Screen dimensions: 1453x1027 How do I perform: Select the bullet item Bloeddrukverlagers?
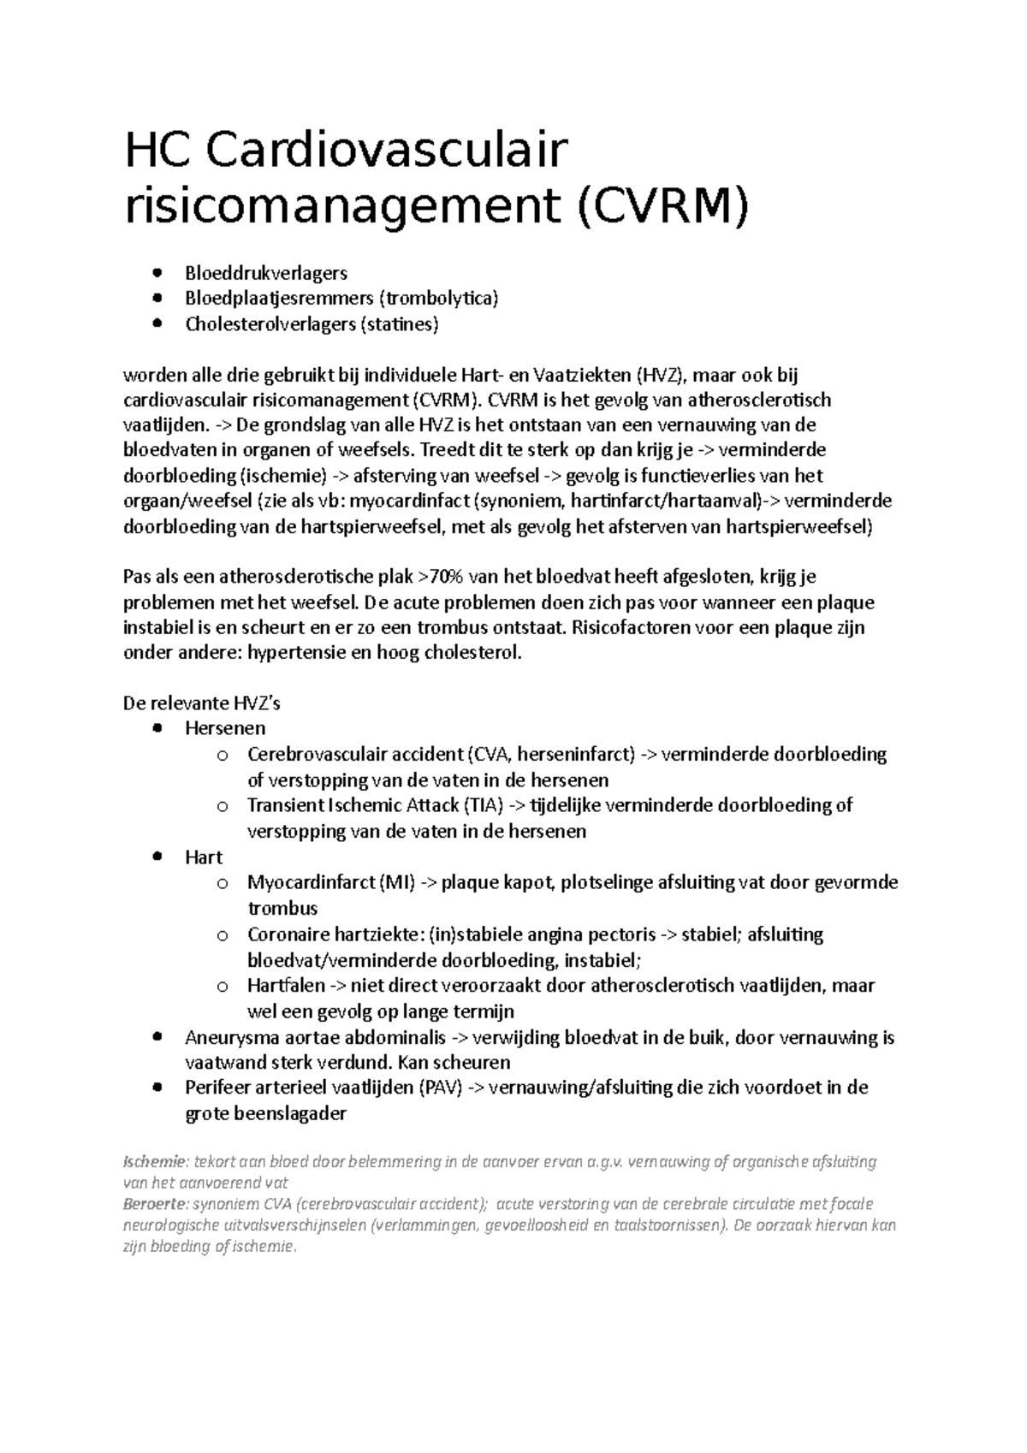tap(266, 273)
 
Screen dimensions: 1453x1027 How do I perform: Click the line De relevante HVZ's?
tap(202, 704)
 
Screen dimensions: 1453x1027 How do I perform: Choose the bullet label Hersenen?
tap(225, 729)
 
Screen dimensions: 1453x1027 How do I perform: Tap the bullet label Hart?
tap(204, 857)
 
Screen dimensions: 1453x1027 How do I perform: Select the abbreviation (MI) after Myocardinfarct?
tap(395, 882)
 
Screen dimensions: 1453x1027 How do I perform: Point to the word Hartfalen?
tap(286, 986)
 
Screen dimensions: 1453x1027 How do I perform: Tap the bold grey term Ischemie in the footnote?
tap(155, 1162)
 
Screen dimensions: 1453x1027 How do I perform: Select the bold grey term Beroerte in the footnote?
tap(155, 1204)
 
